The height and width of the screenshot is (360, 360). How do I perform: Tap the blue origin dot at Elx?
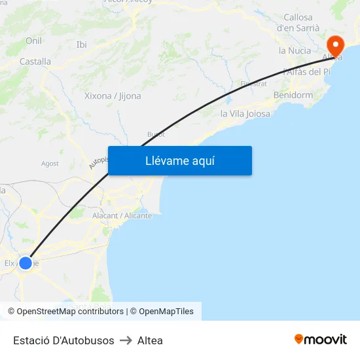tap(26, 263)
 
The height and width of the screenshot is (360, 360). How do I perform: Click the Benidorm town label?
tap(293, 95)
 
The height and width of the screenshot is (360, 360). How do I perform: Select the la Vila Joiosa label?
tap(245, 113)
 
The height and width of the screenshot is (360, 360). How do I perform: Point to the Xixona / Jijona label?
tap(113, 96)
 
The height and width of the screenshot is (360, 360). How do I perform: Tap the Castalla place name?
tap(35, 62)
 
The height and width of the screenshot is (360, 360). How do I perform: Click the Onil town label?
tap(33, 41)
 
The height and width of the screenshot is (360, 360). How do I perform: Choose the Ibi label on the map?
tap(82, 45)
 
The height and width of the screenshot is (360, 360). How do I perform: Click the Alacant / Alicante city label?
tap(122, 215)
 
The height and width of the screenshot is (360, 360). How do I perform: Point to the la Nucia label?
tap(295, 50)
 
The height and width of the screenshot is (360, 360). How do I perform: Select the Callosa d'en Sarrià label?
tap(298, 22)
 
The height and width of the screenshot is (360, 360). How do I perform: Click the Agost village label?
tap(50, 164)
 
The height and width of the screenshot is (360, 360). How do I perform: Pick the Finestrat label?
tap(253, 84)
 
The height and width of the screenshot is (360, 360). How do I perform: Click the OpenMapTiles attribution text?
tap(166, 312)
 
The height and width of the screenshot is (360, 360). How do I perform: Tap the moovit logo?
tap(320, 339)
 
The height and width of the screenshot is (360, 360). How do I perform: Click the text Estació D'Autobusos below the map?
tap(63, 340)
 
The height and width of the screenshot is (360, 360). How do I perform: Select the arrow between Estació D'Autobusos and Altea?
tap(126, 340)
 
